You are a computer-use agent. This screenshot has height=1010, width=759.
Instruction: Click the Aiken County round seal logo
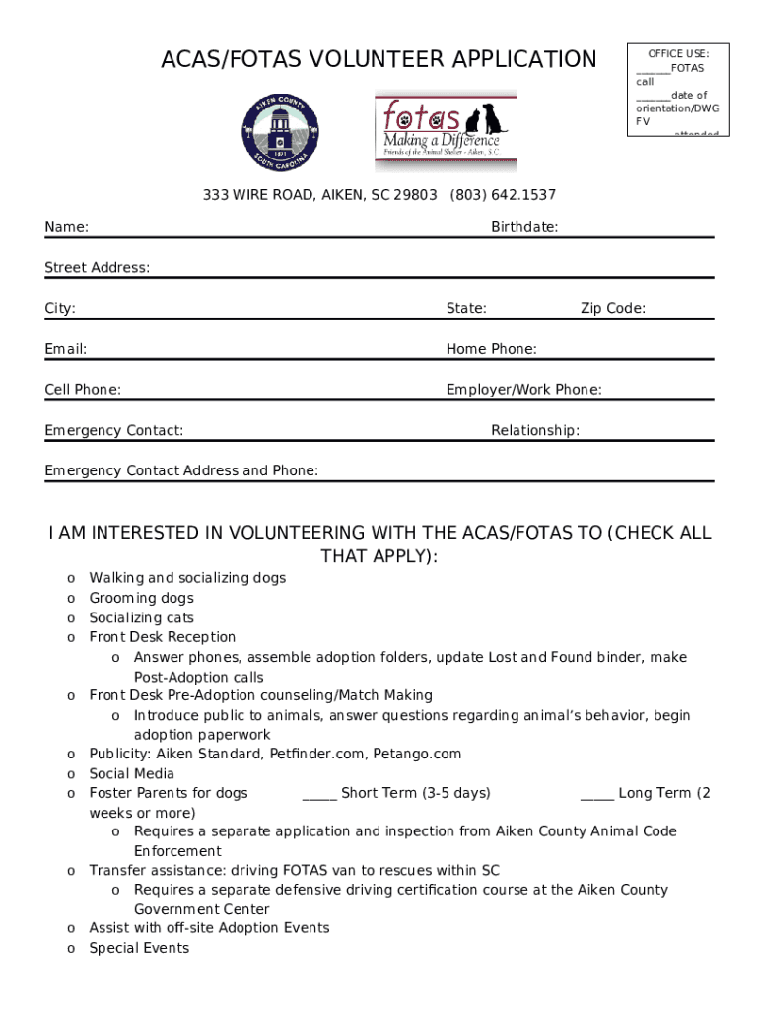tap(281, 134)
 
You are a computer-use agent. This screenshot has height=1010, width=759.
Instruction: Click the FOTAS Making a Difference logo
tap(445, 132)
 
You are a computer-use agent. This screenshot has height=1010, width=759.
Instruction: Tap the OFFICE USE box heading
tap(678, 53)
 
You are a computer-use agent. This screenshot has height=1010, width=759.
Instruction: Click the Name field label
tap(66, 228)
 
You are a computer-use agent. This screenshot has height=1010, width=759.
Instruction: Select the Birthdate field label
tap(524, 227)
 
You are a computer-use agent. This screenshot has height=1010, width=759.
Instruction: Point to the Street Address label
tap(98, 268)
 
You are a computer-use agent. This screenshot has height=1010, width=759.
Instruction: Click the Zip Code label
tap(613, 309)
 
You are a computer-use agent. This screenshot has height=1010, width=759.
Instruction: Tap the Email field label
tap(66, 349)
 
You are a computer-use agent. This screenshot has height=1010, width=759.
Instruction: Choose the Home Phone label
tap(492, 349)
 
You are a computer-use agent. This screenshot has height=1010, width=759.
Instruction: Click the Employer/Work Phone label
tap(524, 390)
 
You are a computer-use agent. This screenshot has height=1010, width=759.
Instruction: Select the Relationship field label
tap(535, 430)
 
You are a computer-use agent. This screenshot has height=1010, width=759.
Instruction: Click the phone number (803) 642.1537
tap(503, 195)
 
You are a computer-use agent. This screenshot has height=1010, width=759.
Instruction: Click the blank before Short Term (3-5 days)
tap(319, 794)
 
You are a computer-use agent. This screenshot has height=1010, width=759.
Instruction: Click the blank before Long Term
tap(597, 794)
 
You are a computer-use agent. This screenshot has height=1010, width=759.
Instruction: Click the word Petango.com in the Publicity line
tap(417, 755)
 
